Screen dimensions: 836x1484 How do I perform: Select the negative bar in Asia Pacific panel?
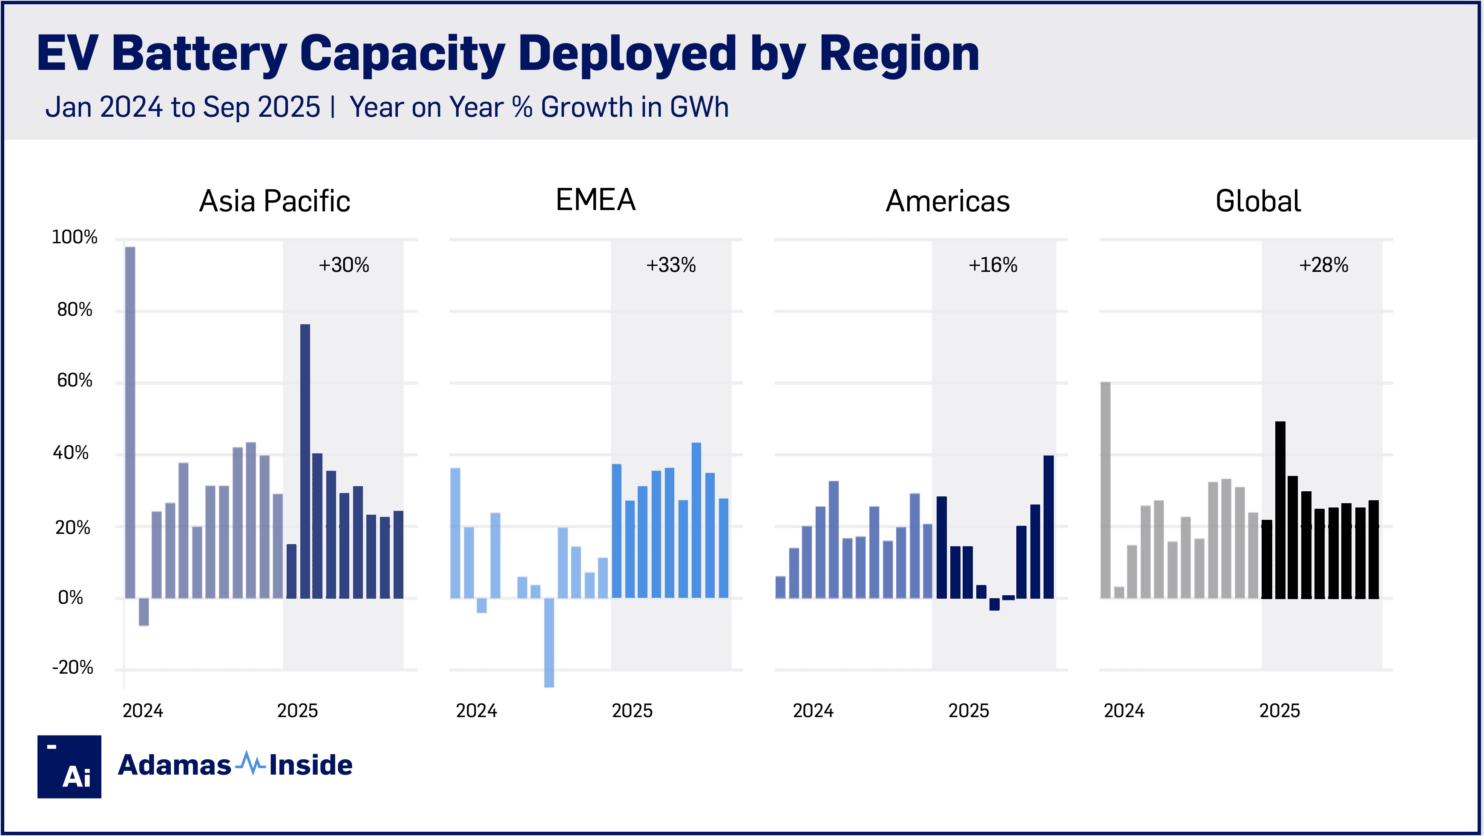tap(144, 612)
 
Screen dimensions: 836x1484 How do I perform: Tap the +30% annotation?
tap(343, 265)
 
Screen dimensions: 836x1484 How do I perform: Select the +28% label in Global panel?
tap(1323, 265)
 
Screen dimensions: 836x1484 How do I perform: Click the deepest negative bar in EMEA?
tap(549, 643)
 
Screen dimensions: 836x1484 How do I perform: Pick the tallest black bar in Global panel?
tap(1280, 510)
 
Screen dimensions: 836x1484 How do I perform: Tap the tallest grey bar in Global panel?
tap(1105, 490)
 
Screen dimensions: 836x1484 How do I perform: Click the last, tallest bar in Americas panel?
tap(1049, 527)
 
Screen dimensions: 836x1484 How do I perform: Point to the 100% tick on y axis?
tap(74, 237)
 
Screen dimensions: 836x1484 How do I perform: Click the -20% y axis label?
tap(72, 668)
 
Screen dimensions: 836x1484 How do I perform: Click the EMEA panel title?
tap(595, 200)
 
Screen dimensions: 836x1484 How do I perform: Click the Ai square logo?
tap(69, 767)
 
